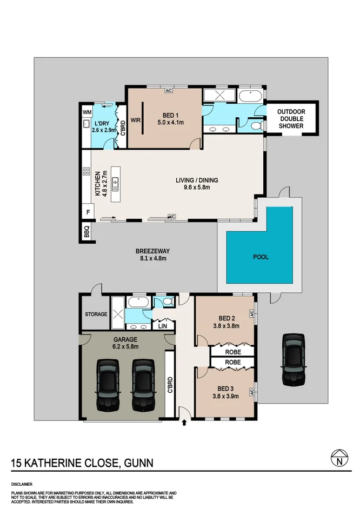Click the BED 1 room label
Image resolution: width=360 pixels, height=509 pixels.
click(x=170, y=115)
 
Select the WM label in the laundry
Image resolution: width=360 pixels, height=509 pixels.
click(x=87, y=112)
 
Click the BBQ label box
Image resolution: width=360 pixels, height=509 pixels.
click(x=86, y=232)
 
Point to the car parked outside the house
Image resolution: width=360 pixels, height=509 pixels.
click(x=294, y=359)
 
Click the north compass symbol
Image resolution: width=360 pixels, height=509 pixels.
click(x=339, y=458)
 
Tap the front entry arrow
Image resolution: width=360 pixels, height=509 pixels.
click(x=184, y=423)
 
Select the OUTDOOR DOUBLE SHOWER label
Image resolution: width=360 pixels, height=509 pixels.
click(x=291, y=119)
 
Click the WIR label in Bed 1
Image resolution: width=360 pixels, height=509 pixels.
click(x=135, y=120)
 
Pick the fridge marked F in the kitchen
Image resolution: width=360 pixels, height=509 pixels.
click(x=88, y=213)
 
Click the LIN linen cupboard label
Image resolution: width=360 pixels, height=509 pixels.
click(x=163, y=326)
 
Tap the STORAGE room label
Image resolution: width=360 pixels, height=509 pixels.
click(x=96, y=314)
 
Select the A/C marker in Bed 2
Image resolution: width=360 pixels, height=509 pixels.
click(x=251, y=313)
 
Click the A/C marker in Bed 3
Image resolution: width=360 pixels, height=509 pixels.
click(x=251, y=392)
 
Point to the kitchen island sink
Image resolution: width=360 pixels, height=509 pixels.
click(x=115, y=184)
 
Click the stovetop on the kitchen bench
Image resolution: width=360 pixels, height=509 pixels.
click(x=86, y=171)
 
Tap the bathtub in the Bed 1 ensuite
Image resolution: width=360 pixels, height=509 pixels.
click(x=250, y=96)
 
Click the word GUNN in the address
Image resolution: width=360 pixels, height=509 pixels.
click(x=138, y=463)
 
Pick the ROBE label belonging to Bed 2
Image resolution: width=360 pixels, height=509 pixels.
click(x=233, y=352)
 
